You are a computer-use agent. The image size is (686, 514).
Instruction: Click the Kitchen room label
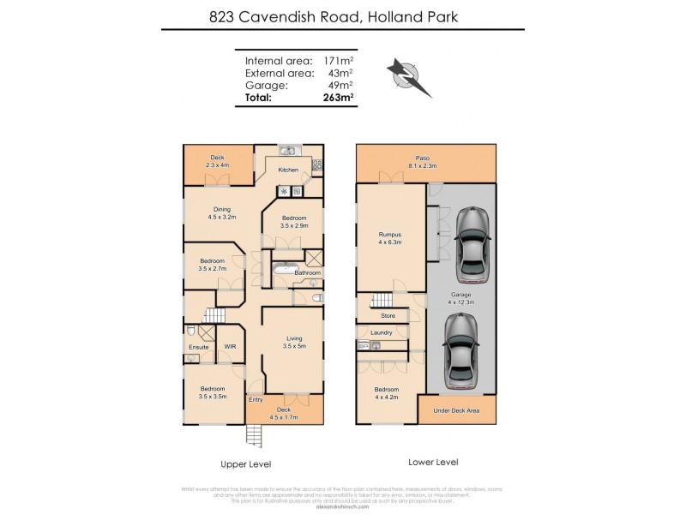[288, 170]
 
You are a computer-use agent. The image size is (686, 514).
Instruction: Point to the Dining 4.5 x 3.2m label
[221, 213]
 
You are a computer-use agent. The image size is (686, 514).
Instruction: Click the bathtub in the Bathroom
[286, 273]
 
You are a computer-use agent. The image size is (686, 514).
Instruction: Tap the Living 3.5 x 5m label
[294, 343]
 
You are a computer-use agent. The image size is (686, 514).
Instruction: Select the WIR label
[230, 347]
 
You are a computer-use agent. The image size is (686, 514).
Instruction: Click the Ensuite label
[199, 347]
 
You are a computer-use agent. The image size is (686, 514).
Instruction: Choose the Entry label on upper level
[256, 400]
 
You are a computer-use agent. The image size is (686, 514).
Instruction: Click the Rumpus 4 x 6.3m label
[390, 238]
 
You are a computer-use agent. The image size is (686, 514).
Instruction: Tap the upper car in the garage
[473, 243]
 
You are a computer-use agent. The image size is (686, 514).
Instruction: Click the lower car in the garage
[461, 350]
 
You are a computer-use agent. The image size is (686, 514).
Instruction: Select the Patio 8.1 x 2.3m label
[422, 162]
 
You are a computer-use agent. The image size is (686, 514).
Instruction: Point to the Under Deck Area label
[456, 411]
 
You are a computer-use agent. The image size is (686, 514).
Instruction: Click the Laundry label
[382, 333]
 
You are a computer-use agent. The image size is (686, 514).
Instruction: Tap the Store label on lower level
[388, 316]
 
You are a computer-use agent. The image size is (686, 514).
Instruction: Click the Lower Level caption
[435, 462]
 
